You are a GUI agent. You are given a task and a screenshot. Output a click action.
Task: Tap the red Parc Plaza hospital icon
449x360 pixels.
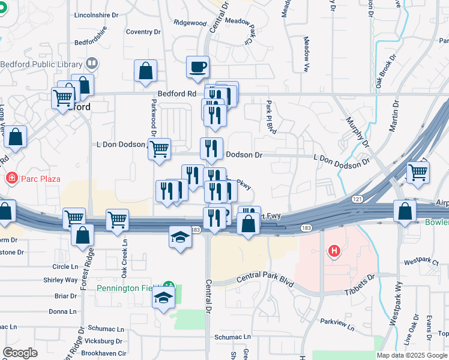10,178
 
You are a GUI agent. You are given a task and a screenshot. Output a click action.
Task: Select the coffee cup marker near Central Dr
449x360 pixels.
197,68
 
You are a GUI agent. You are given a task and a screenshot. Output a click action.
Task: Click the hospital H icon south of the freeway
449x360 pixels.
333,251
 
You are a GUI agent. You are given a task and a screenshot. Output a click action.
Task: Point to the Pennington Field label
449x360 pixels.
128,288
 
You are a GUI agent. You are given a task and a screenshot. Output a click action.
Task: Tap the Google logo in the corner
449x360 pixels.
20,353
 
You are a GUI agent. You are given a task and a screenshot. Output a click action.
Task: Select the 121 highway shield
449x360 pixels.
357,199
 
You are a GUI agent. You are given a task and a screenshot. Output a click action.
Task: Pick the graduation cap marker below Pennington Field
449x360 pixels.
163,298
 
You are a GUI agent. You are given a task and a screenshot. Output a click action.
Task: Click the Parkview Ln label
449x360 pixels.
337,322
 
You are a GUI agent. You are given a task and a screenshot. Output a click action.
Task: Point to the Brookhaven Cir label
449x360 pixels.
104,353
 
